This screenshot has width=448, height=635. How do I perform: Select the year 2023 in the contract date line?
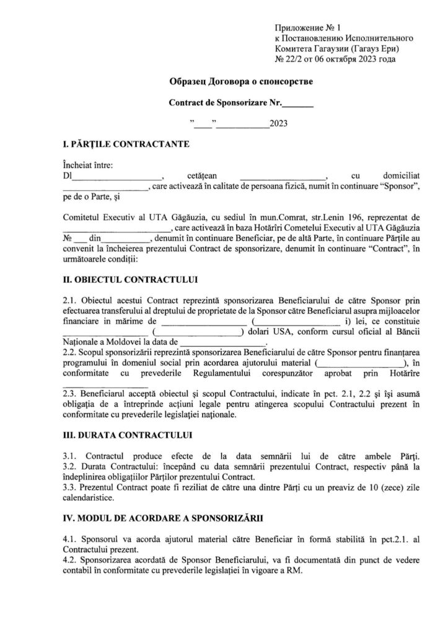click(278, 123)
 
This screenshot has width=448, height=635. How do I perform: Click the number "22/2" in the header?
click(294, 60)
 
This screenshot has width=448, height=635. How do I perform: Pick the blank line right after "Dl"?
click(117, 176)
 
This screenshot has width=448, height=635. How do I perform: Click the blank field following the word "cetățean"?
click(282, 176)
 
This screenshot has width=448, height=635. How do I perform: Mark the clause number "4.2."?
click(70, 560)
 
